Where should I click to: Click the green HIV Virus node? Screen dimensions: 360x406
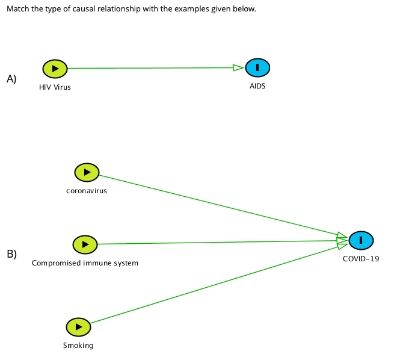click(x=55, y=69)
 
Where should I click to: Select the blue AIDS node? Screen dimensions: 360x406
click(x=257, y=68)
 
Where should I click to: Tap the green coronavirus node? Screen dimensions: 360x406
click(x=87, y=172)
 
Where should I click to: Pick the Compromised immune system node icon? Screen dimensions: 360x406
click(x=85, y=244)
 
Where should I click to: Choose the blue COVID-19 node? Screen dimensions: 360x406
click(x=361, y=240)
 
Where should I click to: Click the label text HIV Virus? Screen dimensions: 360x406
click(x=55, y=87)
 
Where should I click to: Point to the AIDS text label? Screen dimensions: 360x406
click(x=257, y=86)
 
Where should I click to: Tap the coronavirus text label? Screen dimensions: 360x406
click(x=87, y=191)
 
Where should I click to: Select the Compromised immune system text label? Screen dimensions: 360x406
click(x=85, y=263)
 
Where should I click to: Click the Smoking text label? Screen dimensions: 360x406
click(x=78, y=346)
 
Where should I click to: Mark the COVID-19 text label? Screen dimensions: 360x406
click(x=361, y=259)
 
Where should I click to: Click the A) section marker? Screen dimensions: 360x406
click(x=11, y=78)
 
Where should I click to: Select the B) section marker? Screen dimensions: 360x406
click(x=11, y=253)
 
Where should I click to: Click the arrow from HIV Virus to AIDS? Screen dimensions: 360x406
click(x=150, y=68)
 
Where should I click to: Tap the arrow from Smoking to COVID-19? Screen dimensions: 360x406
click(x=217, y=285)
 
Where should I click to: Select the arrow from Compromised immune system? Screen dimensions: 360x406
click(x=217, y=242)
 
